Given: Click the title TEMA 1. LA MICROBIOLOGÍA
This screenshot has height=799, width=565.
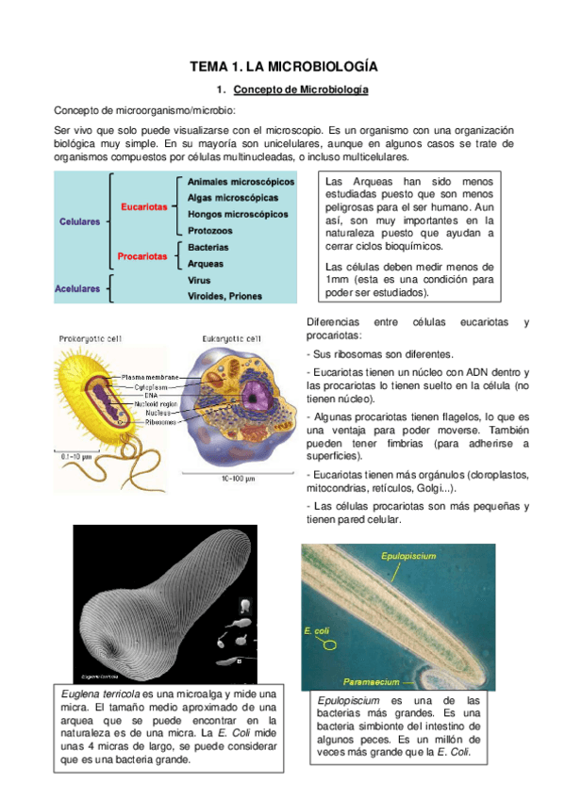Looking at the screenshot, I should (x=284, y=67).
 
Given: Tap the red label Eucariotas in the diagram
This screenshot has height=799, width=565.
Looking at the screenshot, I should (x=143, y=205).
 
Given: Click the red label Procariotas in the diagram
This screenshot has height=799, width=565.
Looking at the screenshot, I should (x=141, y=255).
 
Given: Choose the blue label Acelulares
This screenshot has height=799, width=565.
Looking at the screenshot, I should (x=77, y=288).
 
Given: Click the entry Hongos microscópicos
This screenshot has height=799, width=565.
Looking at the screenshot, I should (x=238, y=214).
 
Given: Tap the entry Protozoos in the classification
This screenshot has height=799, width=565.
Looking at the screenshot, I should (x=211, y=230).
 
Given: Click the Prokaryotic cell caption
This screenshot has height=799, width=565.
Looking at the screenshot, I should (x=90, y=338).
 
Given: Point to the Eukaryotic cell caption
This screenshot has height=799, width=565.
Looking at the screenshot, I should (x=232, y=338).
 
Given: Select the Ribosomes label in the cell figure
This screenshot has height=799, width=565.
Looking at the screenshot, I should (x=140, y=421).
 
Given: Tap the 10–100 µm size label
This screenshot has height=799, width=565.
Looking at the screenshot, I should (x=240, y=479).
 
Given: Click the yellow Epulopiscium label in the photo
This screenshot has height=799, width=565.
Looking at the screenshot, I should (x=408, y=557).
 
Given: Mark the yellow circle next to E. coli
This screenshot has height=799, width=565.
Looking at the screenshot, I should (x=330, y=645).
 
